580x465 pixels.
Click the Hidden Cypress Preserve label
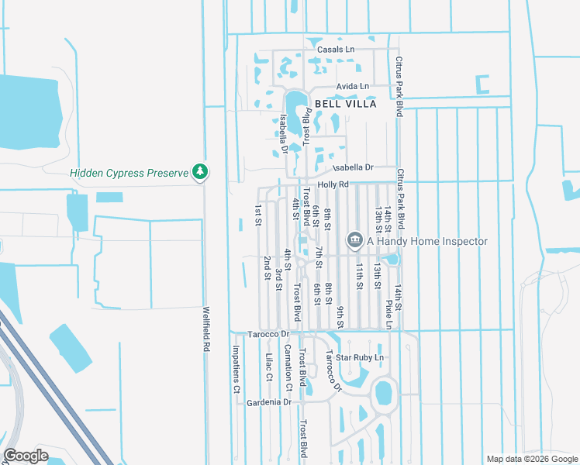coord(129,173)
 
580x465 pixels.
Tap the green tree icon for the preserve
coord(201,171)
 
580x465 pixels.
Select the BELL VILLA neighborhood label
coord(345,104)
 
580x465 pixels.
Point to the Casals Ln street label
coord(335,50)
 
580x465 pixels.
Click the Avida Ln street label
coord(353,86)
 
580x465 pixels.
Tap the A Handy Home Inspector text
coord(427,241)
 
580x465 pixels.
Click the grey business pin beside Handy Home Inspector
coord(355,241)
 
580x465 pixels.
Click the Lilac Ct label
coord(269,367)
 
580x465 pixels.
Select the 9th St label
coord(340,317)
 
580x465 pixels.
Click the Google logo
coord(26,455)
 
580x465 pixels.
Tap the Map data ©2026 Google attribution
coord(531,459)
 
